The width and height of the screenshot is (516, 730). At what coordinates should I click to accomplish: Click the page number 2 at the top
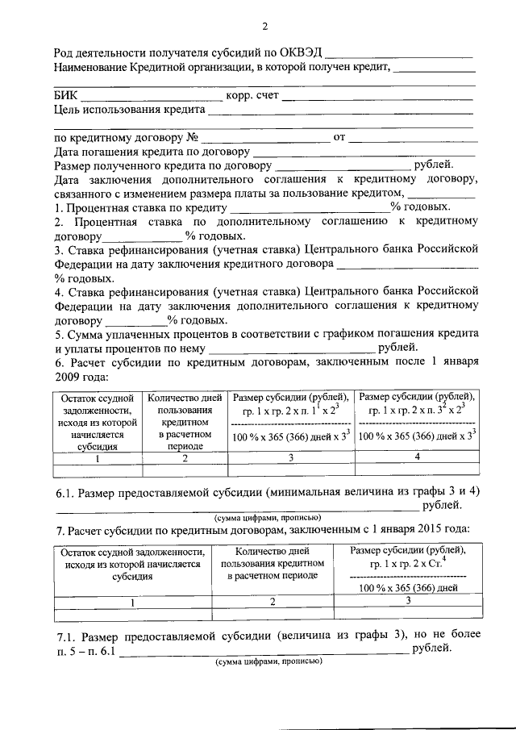[264, 26]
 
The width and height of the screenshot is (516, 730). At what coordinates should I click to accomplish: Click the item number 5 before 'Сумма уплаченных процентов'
[58, 334]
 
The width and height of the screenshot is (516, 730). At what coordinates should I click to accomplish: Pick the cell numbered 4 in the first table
[416, 457]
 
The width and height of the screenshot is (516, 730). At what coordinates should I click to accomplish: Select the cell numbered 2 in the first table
[185, 458]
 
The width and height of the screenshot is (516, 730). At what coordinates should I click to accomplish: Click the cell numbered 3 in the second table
[408, 600]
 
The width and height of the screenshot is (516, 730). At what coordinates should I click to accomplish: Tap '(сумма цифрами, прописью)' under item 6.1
[268, 517]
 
